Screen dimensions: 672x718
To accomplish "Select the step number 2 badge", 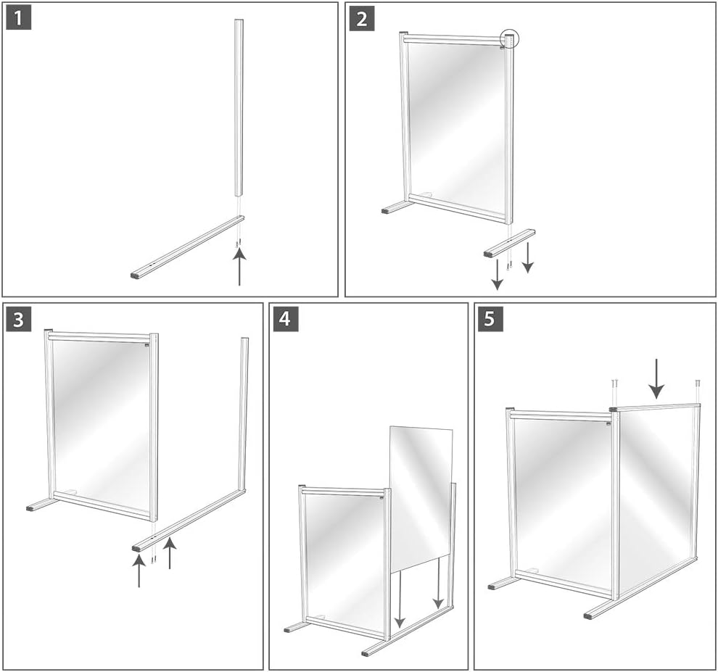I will point(361,17).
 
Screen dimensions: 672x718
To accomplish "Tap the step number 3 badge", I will point(19,318).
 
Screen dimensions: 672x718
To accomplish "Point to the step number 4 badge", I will point(286,318).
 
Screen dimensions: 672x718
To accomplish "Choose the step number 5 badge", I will point(490,318).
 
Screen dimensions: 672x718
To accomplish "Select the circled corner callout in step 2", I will point(509,40).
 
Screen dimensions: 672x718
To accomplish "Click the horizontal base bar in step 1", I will point(189,246).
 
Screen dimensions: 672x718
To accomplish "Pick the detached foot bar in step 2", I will point(509,243).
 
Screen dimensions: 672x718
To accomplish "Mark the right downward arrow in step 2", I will point(528,258).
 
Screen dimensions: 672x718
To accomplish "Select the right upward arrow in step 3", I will point(170,554).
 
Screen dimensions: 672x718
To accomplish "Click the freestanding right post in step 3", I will point(244,413).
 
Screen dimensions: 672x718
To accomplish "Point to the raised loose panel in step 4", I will point(421,493).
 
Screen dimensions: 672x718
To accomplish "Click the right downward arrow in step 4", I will point(438,584).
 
